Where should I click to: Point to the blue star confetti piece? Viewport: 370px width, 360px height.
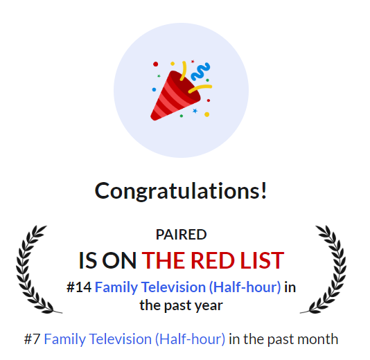[x=195, y=111]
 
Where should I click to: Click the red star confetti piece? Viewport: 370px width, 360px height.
[x=193, y=62]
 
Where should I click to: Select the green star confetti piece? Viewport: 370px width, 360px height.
[x=159, y=76]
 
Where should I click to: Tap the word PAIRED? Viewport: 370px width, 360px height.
[x=181, y=235]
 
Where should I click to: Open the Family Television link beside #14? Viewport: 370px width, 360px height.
[x=188, y=287]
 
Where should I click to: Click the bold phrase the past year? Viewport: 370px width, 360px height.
[x=181, y=305]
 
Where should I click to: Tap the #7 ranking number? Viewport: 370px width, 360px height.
[x=32, y=339]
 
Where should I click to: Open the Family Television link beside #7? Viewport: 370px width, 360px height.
[x=134, y=339]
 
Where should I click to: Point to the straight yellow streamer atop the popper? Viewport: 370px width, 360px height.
[x=184, y=70]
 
